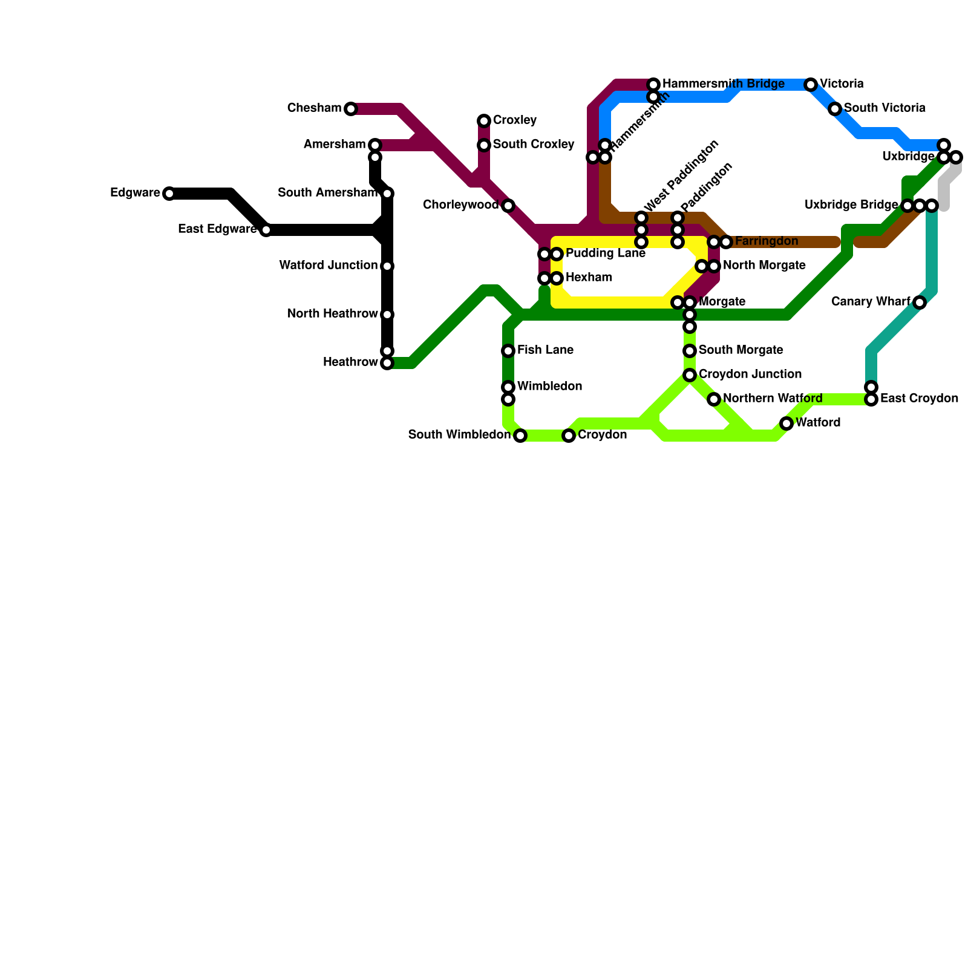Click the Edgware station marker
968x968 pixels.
tap(169, 194)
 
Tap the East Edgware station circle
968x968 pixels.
tap(266, 230)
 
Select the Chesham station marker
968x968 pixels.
tap(351, 109)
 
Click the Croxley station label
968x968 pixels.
tap(514, 120)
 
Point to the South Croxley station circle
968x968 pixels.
tap(484, 145)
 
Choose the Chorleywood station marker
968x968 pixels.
tap(508, 206)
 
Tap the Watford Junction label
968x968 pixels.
tap(329, 266)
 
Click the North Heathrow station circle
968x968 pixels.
tap(387, 315)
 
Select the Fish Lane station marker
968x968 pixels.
tap(508, 351)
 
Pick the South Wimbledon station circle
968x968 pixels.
tap(520, 436)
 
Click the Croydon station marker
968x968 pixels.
tap(569, 436)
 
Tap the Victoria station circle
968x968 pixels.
tap(811, 85)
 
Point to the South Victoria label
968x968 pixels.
tap(884, 108)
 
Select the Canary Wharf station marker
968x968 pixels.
tap(920, 302)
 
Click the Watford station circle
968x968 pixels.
tap(786, 423)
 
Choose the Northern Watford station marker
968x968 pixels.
tap(714, 399)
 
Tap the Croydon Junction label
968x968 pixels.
tap(750, 374)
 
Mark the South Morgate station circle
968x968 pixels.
tap(690, 351)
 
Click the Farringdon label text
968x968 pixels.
tap(766, 241)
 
